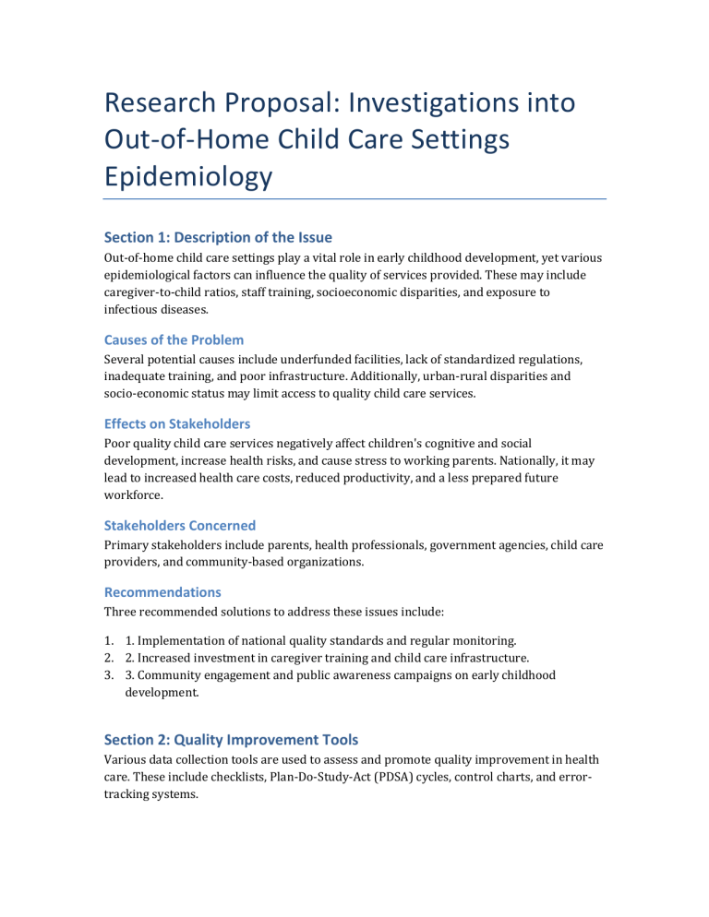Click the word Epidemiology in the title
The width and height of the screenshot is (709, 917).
point(187,174)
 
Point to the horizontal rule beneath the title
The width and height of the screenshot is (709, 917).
point(354,198)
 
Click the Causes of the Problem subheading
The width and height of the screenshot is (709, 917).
point(174,339)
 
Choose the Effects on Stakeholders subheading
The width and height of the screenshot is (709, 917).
point(177,423)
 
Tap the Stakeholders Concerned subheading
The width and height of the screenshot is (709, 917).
point(180,525)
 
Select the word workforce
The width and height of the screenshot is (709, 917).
point(132,495)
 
